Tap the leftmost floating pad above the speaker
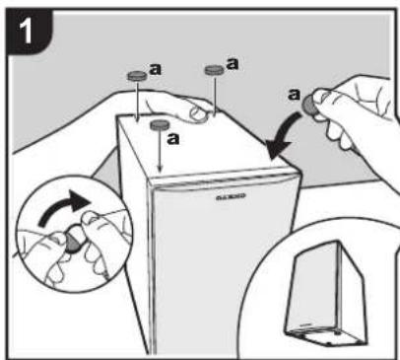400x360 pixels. point(136,75)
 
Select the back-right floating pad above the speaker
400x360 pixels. point(212,70)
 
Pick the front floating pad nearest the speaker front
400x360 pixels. point(158,125)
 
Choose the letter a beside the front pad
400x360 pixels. point(175,138)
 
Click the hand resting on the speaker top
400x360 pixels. point(187,104)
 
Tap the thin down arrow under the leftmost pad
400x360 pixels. point(135,99)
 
